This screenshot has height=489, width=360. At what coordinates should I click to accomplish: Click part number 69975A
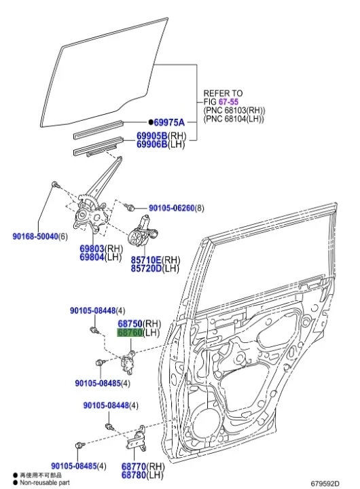click(x=169, y=122)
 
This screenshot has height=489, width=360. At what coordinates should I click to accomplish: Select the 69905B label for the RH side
click(x=150, y=136)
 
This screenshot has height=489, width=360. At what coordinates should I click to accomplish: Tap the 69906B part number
click(x=150, y=144)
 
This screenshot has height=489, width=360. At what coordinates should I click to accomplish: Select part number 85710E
click(x=146, y=260)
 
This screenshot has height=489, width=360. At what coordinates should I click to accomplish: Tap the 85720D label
click(x=146, y=269)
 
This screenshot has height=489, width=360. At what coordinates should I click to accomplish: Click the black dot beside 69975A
click(x=150, y=122)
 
